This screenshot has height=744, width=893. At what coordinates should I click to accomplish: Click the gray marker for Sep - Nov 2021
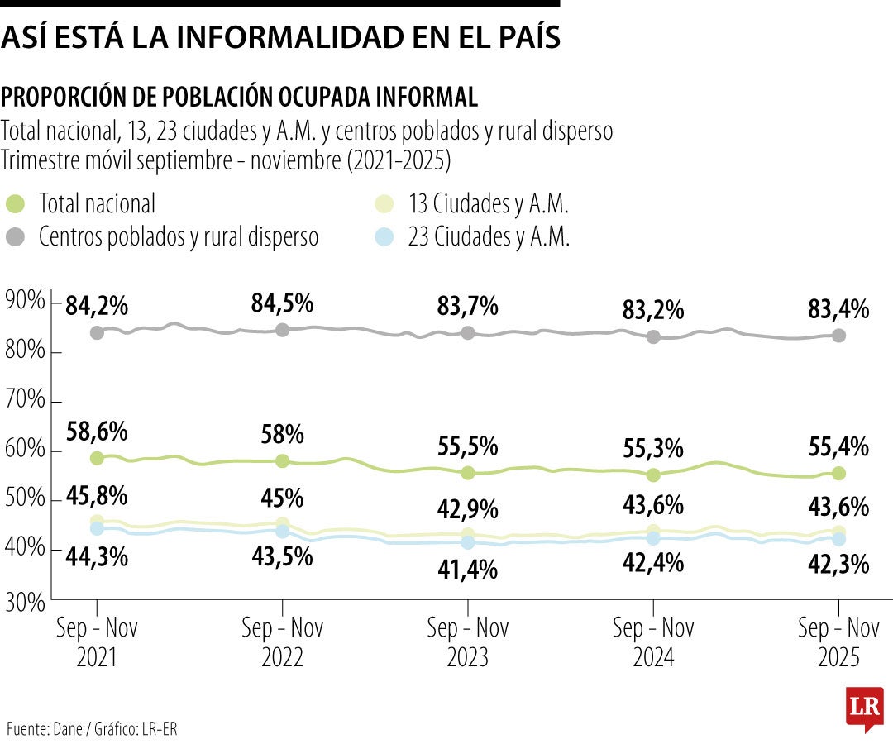[x=97, y=332]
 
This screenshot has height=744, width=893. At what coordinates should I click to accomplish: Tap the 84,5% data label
[x=282, y=303]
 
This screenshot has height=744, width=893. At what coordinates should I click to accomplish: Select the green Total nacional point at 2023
[x=468, y=473]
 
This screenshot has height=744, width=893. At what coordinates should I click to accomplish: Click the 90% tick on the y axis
[x=25, y=301]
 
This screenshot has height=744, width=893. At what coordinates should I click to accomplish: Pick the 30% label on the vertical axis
[x=25, y=601]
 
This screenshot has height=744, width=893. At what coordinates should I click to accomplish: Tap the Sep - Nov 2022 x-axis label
[x=282, y=642]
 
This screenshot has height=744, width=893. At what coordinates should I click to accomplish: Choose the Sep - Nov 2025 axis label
[x=838, y=642]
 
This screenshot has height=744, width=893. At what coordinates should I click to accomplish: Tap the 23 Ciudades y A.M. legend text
[x=489, y=237]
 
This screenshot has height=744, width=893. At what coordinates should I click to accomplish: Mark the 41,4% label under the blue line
[x=468, y=569]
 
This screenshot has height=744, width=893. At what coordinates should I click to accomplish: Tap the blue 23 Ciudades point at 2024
[x=653, y=538]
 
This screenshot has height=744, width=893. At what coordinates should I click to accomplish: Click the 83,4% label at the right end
[x=838, y=310]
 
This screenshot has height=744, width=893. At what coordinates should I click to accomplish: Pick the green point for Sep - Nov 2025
[x=838, y=474]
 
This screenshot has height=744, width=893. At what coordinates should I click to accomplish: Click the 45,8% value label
[x=98, y=497]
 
